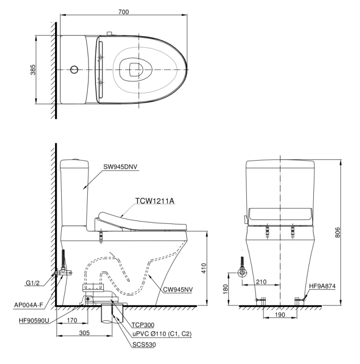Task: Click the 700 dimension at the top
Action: [123, 11]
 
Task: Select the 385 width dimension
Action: [33, 69]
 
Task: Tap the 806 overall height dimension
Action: [337, 232]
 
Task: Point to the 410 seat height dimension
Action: [203, 268]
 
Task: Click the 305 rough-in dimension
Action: [84, 333]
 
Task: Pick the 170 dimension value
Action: [72, 320]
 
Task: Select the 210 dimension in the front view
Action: [261, 282]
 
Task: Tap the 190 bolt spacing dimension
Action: [280, 315]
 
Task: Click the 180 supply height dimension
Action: [225, 289]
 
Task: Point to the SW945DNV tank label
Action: [120, 166]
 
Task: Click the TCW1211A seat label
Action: [155, 201]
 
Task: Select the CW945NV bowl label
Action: [178, 289]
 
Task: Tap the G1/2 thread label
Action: [33, 283]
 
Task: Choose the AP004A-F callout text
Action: [29, 305]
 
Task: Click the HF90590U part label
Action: [34, 320]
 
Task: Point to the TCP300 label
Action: [143, 325]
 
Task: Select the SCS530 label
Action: [144, 345]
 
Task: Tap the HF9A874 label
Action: [322, 286]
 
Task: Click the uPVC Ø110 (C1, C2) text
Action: [162, 334]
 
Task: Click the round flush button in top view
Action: [74, 69]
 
